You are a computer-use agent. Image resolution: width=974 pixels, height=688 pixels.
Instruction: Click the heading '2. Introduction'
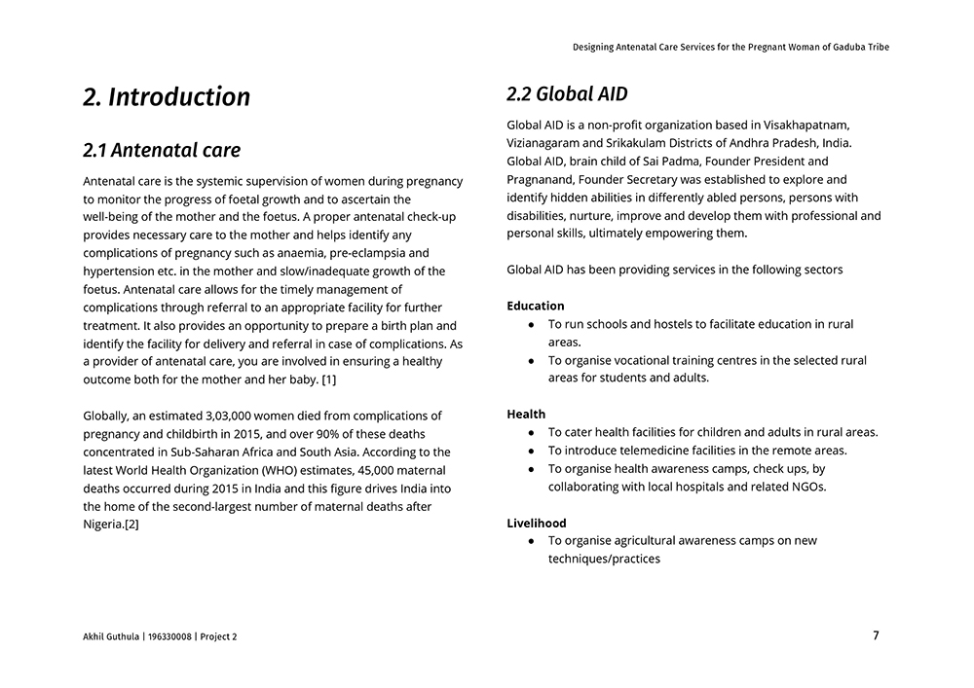[x=167, y=97]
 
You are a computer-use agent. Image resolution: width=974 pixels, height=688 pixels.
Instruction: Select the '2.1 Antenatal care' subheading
[x=162, y=151]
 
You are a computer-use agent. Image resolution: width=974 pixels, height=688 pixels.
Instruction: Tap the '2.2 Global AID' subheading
[x=567, y=94]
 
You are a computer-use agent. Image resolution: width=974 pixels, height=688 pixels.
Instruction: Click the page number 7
[x=876, y=635]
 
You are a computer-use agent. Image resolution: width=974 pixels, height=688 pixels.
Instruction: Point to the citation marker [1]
[x=329, y=380]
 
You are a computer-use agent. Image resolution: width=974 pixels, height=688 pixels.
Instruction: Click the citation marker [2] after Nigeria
[x=131, y=525]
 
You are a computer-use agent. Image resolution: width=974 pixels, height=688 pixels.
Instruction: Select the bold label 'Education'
[x=535, y=306]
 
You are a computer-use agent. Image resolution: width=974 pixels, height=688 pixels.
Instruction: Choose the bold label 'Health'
[x=526, y=414]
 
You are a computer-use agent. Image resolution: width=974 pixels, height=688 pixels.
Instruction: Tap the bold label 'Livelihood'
[x=536, y=523]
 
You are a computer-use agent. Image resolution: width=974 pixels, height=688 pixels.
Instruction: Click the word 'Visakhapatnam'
[x=810, y=125]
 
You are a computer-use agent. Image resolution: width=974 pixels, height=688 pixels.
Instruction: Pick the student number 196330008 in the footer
[x=169, y=636]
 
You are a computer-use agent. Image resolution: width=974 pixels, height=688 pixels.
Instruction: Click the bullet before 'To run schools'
[x=531, y=324]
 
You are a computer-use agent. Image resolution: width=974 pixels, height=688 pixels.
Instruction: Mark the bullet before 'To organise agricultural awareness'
[x=531, y=541]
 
